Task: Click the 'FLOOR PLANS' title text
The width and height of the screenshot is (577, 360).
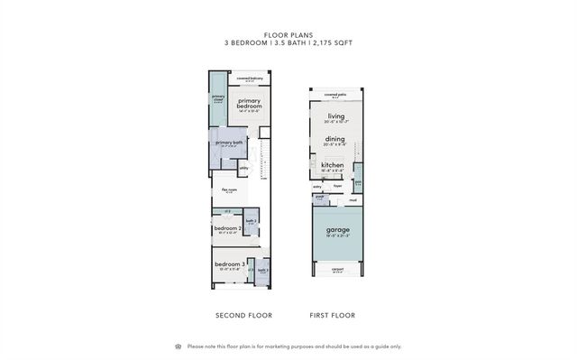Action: coord(288,36)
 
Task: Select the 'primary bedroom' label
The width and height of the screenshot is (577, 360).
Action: coord(249,104)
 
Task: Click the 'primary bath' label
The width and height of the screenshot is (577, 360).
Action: coord(227,143)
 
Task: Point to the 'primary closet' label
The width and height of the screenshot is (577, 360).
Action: coord(218,97)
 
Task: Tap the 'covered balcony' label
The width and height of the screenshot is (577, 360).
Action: coord(250,78)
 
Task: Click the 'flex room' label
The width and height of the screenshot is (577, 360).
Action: coord(230,190)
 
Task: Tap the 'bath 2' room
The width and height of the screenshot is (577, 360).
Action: coord(252,221)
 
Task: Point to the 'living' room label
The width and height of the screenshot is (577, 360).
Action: coord(336,116)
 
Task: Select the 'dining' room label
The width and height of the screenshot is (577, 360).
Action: coord(335,140)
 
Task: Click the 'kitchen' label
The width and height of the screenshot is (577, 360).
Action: coord(333,165)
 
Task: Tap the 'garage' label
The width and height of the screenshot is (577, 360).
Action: coord(337,230)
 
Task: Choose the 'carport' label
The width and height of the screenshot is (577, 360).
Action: coord(337,268)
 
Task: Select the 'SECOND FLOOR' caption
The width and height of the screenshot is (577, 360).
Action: coord(243,316)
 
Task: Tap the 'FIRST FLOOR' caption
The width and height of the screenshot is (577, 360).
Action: coord(333,316)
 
